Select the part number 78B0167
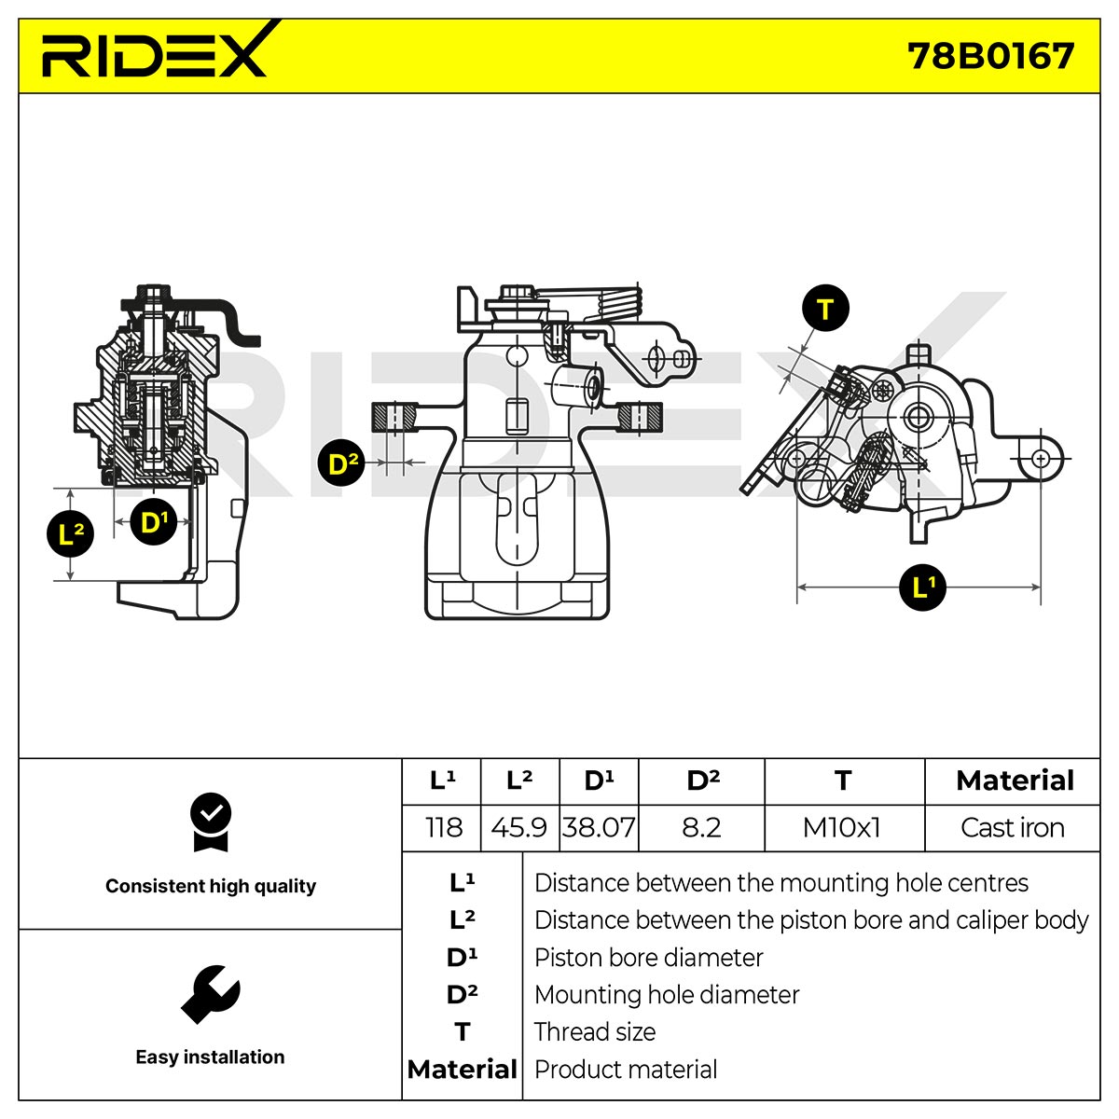click(990, 57)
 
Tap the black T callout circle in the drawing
click(824, 309)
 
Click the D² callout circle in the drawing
click(342, 463)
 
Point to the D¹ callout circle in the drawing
click(153, 521)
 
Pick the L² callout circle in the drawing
click(70, 533)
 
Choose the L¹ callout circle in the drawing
click(923, 587)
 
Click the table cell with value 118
click(444, 827)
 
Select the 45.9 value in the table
click(519, 827)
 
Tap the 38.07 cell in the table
click(598, 827)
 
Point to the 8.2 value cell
click(701, 827)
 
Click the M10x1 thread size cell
click(842, 827)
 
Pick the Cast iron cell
click(1012, 827)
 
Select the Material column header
click(1015, 781)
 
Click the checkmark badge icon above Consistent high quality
click(210, 822)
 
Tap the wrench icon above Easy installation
click(211, 994)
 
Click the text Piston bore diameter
click(648, 958)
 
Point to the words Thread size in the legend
click(595, 1032)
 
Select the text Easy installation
click(210, 1057)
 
